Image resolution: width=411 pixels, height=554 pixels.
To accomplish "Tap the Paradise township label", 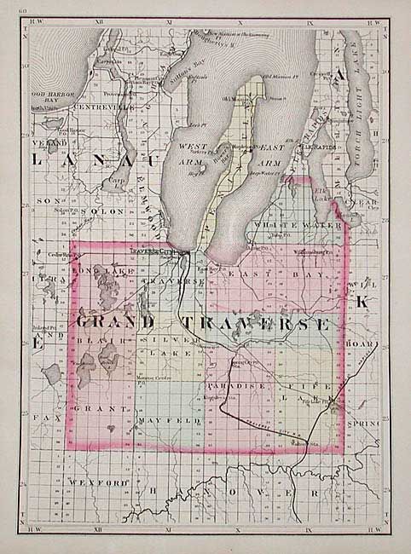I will [x=236, y=386].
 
